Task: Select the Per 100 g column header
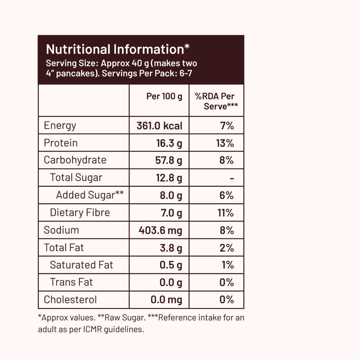(x=164, y=96)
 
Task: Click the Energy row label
(x=60, y=126)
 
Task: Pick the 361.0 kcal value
(x=159, y=126)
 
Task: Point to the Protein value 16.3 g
(x=169, y=143)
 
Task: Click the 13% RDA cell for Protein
(x=225, y=143)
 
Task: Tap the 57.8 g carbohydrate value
(x=169, y=160)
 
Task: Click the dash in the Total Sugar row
(x=231, y=178)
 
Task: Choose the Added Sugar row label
(x=90, y=195)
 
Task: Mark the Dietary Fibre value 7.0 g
(x=171, y=213)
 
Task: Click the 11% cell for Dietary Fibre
(x=226, y=213)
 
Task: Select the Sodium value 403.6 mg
(x=160, y=230)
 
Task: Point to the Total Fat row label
(x=64, y=248)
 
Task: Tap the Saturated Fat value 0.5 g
(x=171, y=265)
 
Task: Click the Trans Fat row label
(x=71, y=283)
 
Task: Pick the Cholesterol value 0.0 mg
(x=166, y=300)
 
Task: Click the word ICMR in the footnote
(x=92, y=329)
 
